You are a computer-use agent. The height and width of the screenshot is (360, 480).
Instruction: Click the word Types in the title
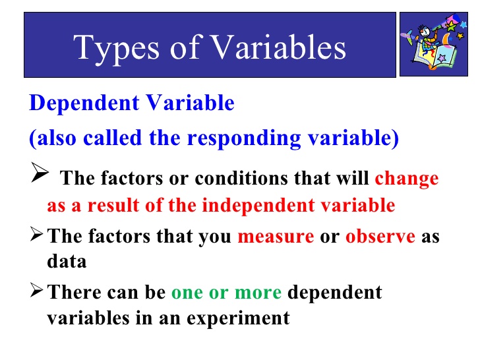click(x=113, y=47)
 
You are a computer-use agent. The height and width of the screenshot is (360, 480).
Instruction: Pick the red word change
click(x=406, y=179)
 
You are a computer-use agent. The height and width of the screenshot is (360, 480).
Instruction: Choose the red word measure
click(x=276, y=236)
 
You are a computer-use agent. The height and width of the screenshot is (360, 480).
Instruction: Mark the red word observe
click(x=380, y=236)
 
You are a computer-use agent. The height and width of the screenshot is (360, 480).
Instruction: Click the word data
click(x=67, y=261)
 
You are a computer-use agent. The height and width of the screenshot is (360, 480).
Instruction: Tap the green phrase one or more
click(x=226, y=292)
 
